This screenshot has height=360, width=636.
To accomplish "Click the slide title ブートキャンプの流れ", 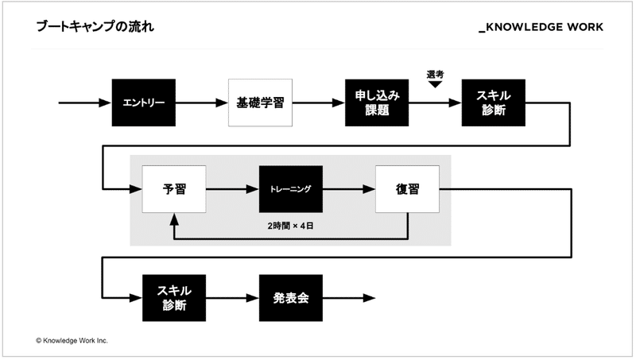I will pyautogui.click(x=95, y=27).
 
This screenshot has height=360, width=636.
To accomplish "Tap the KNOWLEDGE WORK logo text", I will pyautogui.click(x=541, y=27).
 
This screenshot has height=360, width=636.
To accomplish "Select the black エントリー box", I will pyautogui.click(x=144, y=103).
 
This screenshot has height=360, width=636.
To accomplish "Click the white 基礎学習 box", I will pyautogui.click(x=261, y=103).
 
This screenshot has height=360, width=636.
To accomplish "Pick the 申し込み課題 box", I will pyautogui.click(x=377, y=103).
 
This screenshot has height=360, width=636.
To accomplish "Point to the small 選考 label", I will pyautogui.click(x=435, y=75).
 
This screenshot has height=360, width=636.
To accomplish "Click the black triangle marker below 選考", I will pyautogui.click(x=435, y=85).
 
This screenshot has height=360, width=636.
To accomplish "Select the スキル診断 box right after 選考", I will pyautogui.click(x=494, y=103).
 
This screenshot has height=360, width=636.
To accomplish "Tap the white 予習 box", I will pyautogui.click(x=174, y=189).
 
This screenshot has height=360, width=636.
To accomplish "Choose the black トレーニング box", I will pyautogui.click(x=290, y=189).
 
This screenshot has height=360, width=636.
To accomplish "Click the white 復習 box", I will pyautogui.click(x=407, y=189).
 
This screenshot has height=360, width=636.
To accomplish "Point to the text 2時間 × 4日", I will pyautogui.click(x=291, y=226).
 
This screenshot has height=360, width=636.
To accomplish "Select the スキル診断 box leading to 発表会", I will pyautogui.click(x=174, y=298).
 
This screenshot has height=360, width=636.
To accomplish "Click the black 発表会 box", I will pyautogui.click(x=290, y=298).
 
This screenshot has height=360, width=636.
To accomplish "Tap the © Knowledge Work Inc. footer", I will pyautogui.click(x=72, y=340).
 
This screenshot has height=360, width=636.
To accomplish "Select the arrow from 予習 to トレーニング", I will pyautogui.click(x=232, y=189).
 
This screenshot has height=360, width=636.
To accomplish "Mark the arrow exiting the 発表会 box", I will pyautogui.click(x=349, y=298).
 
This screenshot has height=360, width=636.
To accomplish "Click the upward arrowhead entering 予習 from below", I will pyautogui.click(x=174, y=218).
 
